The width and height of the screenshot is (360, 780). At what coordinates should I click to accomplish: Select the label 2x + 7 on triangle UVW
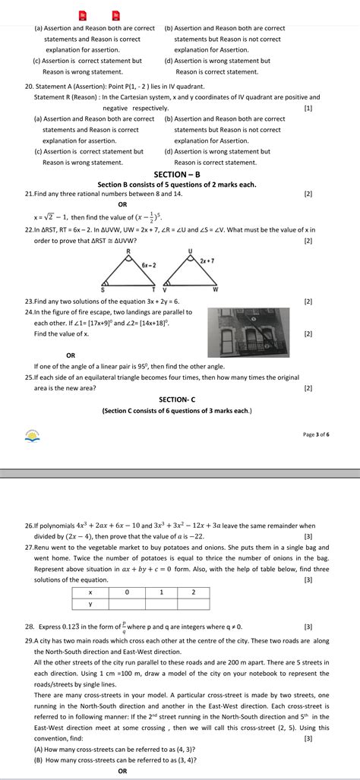pyautogui.click(x=207, y=261)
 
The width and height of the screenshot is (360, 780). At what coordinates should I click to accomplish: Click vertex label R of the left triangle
pyautogui.click(x=128, y=251)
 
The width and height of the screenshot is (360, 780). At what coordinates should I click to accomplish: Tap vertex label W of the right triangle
pyautogui.click(x=215, y=290)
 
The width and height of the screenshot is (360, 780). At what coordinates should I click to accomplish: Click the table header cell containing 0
pyautogui.click(x=127, y=592)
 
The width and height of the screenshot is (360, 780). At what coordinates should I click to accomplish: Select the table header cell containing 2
pyautogui.click(x=194, y=592)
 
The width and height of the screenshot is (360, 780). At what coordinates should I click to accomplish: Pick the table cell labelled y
pyautogui.click(x=90, y=604)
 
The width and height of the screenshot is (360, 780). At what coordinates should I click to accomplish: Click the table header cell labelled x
pyautogui.click(x=90, y=592)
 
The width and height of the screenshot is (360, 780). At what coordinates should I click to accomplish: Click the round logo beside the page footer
pyautogui.click(x=32, y=436)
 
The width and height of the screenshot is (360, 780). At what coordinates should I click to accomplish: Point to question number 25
pyautogui.click(x=29, y=377)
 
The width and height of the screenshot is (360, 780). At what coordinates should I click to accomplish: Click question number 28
pyautogui.click(x=30, y=627)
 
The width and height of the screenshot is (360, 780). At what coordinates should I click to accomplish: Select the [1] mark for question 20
pyautogui.click(x=308, y=109)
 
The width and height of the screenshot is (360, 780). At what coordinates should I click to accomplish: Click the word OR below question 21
pyautogui.click(x=122, y=204)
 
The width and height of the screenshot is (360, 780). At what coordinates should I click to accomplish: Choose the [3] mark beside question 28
pyautogui.click(x=308, y=627)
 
